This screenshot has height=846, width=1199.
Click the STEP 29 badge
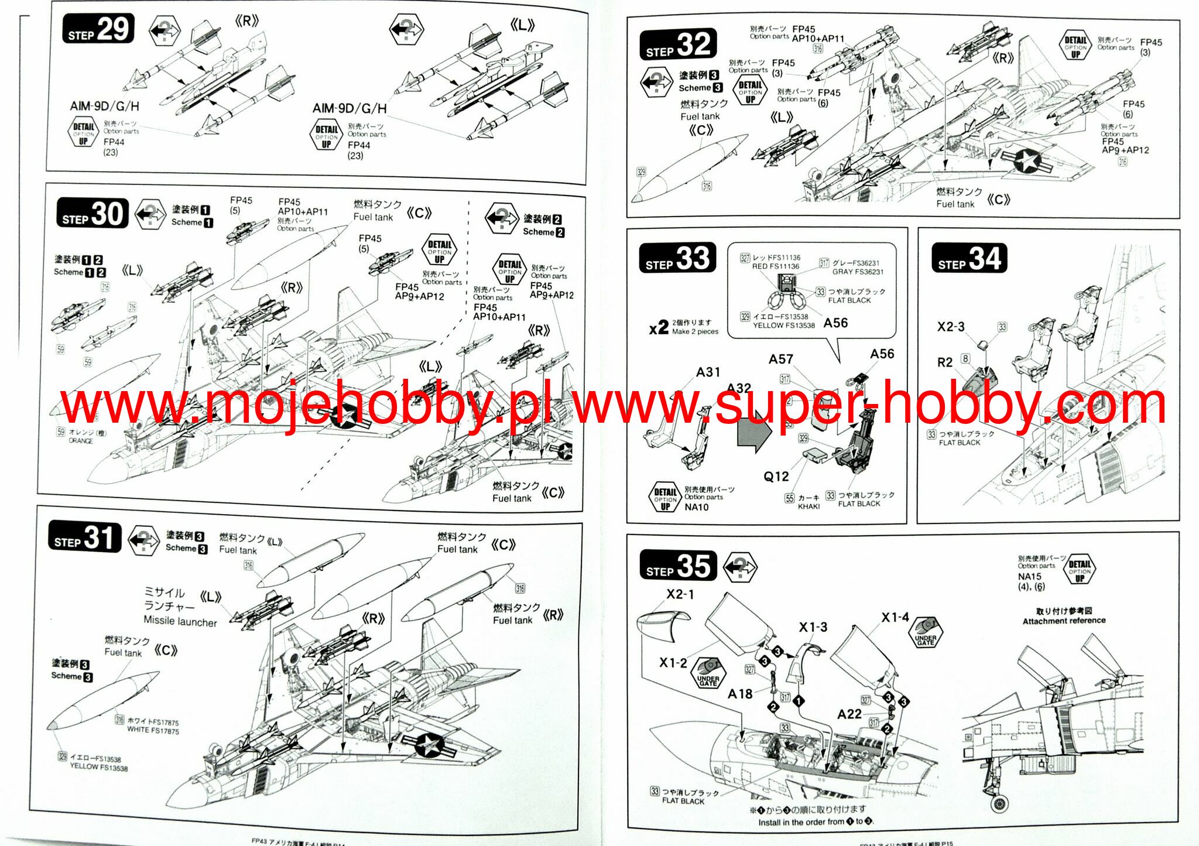[98, 29]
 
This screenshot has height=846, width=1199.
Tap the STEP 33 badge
[677, 258]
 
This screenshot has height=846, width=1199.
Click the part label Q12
[776, 477]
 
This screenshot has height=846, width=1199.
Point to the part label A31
[708, 372]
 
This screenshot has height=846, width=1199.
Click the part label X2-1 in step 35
[680, 594]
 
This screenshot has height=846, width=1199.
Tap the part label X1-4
[895, 617]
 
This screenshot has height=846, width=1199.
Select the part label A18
[739, 694]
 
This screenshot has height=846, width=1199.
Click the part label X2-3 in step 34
[950, 327]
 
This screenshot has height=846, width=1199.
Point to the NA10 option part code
[696, 507]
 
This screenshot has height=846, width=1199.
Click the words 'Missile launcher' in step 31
[180, 622]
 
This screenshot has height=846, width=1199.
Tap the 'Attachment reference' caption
[1064, 621]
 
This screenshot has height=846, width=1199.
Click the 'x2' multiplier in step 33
[659, 327]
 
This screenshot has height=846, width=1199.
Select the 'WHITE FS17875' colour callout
[153, 731]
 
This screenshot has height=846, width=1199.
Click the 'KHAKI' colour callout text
[809, 506]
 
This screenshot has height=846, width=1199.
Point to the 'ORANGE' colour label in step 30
[81, 441]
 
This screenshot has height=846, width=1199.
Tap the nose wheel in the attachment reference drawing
[1000, 803]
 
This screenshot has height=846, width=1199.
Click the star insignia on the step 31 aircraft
[430, 745]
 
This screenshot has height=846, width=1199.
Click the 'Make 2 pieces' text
[695, 331]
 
